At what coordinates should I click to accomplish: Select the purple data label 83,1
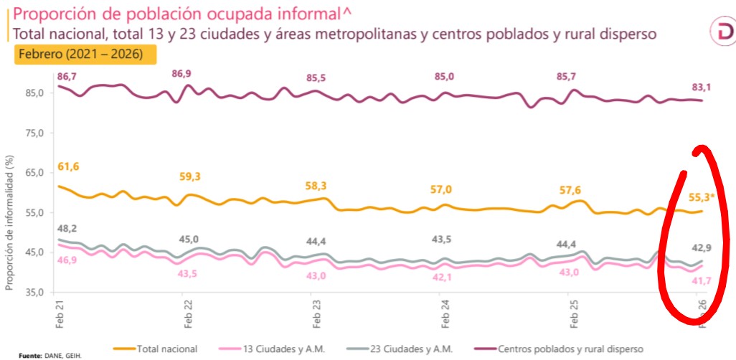701,87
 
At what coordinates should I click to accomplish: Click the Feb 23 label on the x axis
317,314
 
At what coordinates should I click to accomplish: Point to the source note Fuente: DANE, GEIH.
50,355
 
